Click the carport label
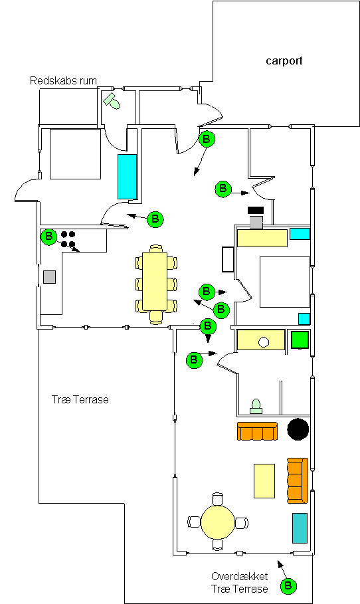[x=284, y=61]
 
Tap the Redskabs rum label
[x=63, y=80]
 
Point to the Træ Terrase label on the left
[x=80, y=399]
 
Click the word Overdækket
[x=240, y=576]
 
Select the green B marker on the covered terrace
[x=288, y=586]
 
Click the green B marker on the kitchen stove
[x=49, y=237]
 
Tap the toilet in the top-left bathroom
[x=112, y=101]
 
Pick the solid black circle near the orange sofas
[x=298, y=429]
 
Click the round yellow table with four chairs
[x=218, y=522]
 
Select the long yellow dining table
[x=155, y=281]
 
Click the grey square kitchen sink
[x=49, y=277]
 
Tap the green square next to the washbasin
[x=300, y=340]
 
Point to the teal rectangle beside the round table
[x=300, y=528]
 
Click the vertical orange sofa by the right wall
[x=298, y=480]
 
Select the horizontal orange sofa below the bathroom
[x=257, y=431]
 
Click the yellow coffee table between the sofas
[x=264, y=480]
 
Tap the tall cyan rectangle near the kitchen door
[x=127, y=177]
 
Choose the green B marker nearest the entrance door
[x=207, y=139]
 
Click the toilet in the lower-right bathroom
[x=256, y=407]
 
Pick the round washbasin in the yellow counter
[x=264, y=342]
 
